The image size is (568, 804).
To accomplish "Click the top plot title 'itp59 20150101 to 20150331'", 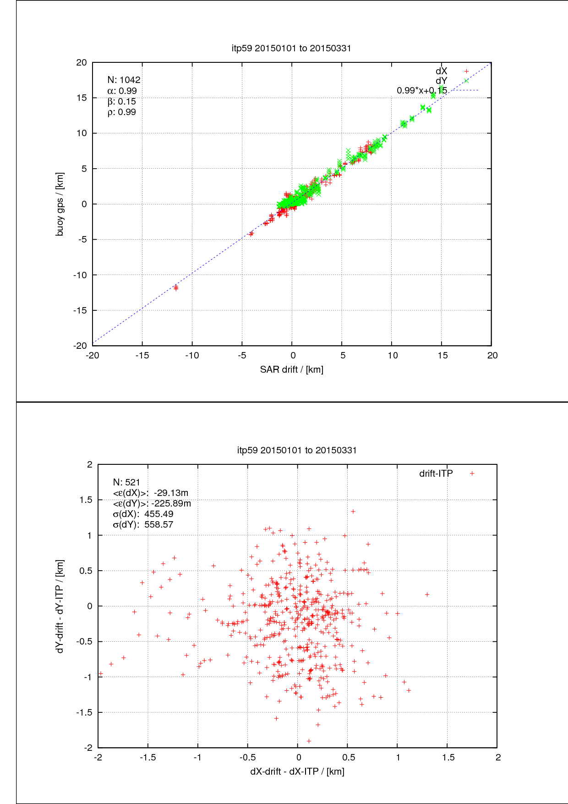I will click(291, 48).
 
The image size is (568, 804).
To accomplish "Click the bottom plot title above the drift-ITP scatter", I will click(297, 450).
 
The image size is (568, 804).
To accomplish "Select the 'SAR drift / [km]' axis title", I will click(292, 369).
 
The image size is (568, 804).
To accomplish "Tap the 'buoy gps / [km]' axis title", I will click(60, 204).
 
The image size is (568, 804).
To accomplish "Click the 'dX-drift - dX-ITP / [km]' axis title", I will click(297, 771).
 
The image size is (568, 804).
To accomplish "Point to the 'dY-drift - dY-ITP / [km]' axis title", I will click(60, 606).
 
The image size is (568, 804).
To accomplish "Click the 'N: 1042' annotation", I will click(124, 80).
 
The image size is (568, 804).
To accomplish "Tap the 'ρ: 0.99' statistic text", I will click(122, 112).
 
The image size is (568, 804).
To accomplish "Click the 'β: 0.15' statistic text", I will click(122, 101).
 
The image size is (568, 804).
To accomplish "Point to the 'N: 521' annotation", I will click(126, 482).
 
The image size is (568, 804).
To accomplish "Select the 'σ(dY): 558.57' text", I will click(143, 524).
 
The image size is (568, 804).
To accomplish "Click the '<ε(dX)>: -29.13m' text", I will click(151, 493).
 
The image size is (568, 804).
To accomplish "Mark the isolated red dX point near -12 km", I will click(176, 288).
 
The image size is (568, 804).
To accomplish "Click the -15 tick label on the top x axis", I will click(142, 356).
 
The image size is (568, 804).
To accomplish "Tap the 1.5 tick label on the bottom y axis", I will click(86, 500).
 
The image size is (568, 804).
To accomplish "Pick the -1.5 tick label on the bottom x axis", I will click(147, 758).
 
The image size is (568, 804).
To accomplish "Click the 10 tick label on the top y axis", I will click(82, 133).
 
